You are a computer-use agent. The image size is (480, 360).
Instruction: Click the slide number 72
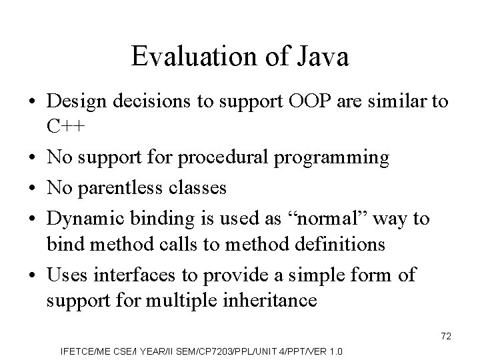(446, 337)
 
